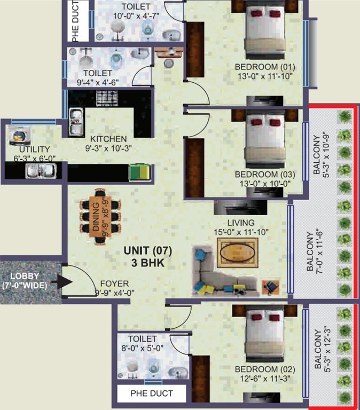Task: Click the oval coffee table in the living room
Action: coord(238,251)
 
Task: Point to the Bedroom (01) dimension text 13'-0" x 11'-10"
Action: coord(265,76)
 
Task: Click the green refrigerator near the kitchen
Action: coord(140,172)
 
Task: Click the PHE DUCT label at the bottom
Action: coord(152,395)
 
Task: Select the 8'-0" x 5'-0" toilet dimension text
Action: coord(143,349)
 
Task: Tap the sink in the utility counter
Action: coord(41,171)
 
